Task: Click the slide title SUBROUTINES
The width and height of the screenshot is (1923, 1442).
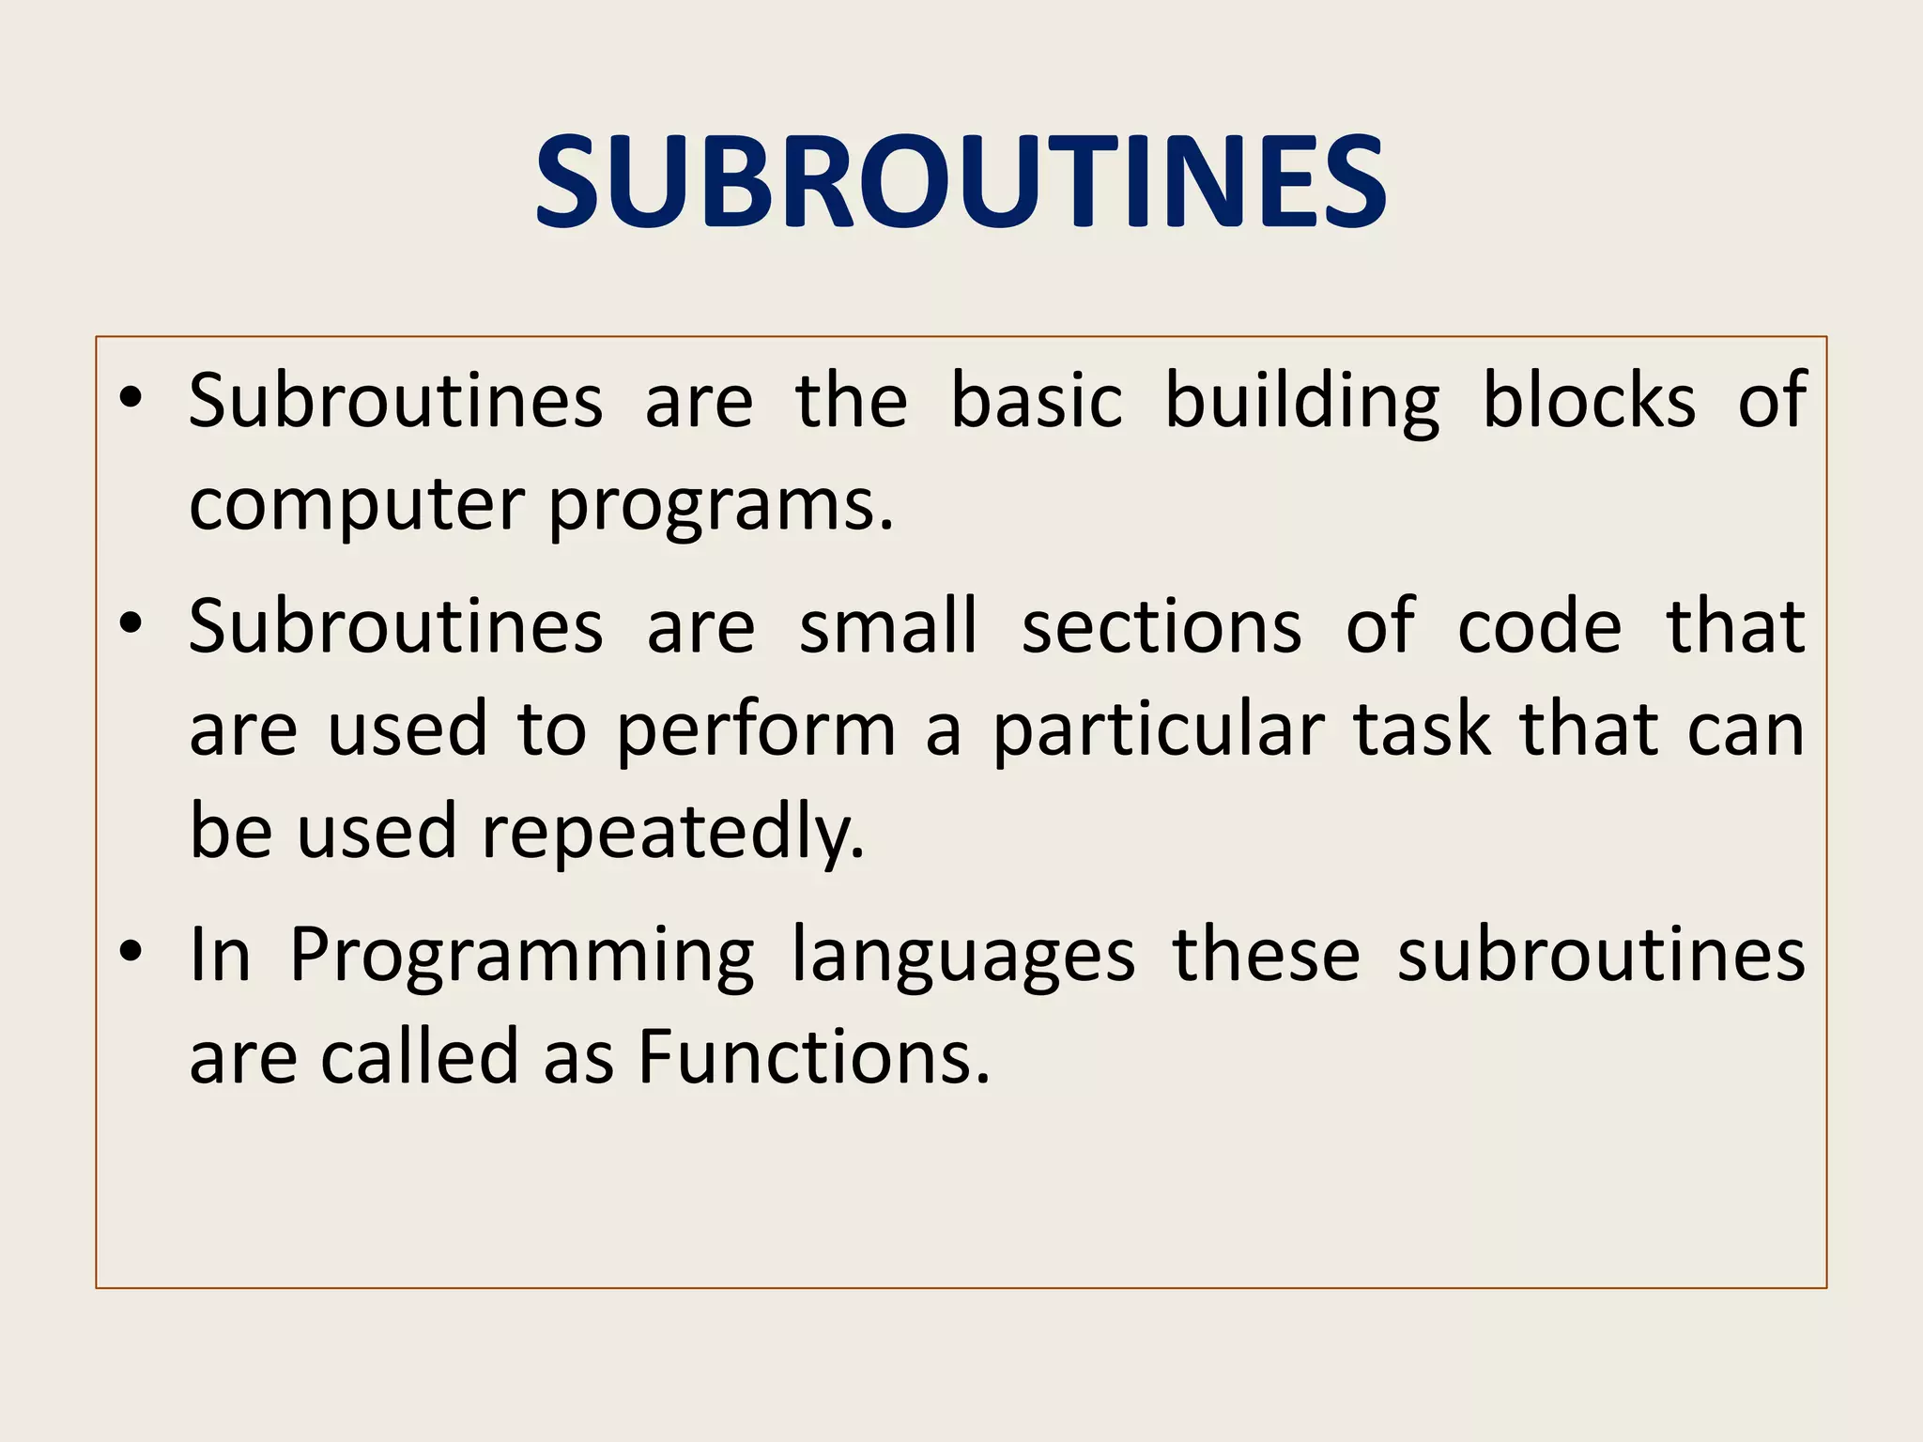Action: coord(961,182)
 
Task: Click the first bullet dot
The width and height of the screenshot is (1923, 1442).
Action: coord(131,398)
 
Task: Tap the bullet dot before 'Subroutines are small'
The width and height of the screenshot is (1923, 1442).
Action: coord(131,623)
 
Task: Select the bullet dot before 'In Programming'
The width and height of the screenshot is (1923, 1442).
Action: coord(131,952)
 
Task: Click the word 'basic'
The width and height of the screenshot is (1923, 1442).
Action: coord(1036,401)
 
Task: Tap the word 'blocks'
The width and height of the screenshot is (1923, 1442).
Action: coord(1589,401)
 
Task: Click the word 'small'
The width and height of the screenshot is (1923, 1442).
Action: coord(888,626)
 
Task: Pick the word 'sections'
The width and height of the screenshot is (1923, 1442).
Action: coord(1161,626)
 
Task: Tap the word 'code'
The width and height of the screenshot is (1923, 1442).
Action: coord(1539,626)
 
